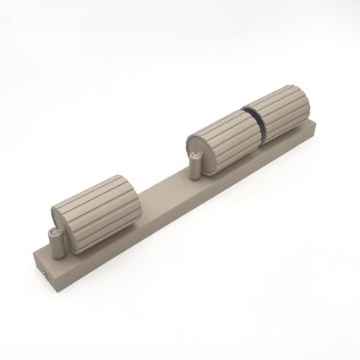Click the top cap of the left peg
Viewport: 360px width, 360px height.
click(52, 232)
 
